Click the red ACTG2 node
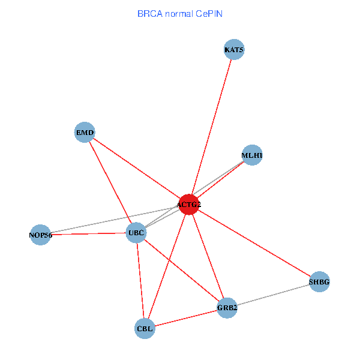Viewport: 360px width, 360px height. tap(188, 205)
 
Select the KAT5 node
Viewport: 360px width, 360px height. tap(234, 49)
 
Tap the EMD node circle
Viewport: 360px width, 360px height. tap(85, 132)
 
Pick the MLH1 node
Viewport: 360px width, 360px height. tap(252, 155)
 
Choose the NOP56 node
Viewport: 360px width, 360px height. tap(40, 234)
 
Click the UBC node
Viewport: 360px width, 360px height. tap(136, 232)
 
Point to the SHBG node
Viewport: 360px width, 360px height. tap(319, 281)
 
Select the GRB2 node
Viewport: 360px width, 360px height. tap(227, 308)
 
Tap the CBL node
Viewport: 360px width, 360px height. tap(145, 328)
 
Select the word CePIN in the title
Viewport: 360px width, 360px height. tap(209, 13)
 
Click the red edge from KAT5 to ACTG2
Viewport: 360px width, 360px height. tap(211, 127)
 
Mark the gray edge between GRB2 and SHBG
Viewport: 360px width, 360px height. tap(273, 295)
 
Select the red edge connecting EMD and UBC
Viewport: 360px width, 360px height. tap(110, 182)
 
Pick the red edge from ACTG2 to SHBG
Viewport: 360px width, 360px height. tap(254, 243)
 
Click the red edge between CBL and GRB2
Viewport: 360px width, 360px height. tap(186, 318)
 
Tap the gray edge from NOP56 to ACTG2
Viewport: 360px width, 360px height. tap(114, 220)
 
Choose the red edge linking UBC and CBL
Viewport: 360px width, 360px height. tap(140, 280)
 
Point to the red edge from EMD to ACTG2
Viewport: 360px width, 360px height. tap(136, 168)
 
